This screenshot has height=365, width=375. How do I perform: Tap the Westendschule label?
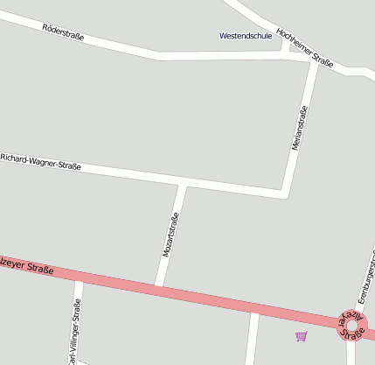pyautogui.click(x=246, y=36)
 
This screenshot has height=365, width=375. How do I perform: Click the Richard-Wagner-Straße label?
pyautogui.click(x=40, y=161)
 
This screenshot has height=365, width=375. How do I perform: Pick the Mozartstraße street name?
pyautogui.click(x=171, y=234)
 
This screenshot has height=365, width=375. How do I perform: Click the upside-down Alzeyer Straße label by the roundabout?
pyautogui.click(x=351, y=324)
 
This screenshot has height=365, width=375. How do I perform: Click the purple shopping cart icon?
pyautogui.click(x=302, y=336)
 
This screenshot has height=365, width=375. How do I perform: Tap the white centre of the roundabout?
pyautogui.click(x=351, y=325)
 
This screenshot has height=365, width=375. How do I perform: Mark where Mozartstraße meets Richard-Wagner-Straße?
pyautogui.click(x=183, y=184)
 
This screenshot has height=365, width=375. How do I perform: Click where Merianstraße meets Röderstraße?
pyautogui.click(x=314, y=61)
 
